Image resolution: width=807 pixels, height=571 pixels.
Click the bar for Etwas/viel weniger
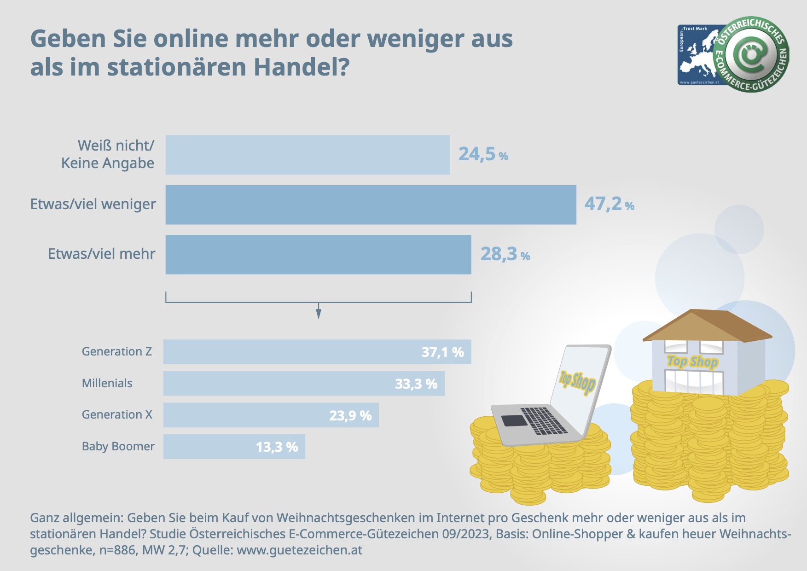(371, 205)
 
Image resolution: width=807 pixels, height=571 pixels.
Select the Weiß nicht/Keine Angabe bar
(308, 155)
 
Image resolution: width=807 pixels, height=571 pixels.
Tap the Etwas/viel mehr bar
(318, 255)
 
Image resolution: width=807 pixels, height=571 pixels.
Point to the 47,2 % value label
(609, 204)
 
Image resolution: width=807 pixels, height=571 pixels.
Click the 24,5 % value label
(483, 154)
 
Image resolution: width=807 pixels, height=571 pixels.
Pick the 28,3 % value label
(505, 254)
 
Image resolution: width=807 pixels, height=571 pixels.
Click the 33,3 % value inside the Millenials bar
(416, 384)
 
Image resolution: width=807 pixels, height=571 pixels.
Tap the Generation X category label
(117, 415)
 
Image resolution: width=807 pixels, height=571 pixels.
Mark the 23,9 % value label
(350, 416)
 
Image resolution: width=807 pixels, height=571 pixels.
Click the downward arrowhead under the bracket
(319, 314)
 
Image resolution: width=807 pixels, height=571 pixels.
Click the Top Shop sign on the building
(692, 362)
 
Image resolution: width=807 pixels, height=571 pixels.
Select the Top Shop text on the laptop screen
(577, 381)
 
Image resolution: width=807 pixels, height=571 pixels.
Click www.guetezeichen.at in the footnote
(299, 550)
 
